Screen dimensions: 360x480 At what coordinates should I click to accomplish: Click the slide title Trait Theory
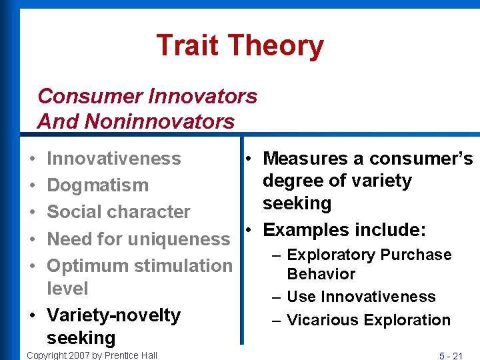click(x=240, y=46)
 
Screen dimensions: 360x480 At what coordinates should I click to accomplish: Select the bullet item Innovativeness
click(x=114, y=159)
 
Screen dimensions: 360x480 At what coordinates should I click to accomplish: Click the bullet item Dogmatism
click(x=98, y=185)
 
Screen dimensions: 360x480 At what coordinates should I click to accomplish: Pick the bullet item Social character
click(x=119, y=212)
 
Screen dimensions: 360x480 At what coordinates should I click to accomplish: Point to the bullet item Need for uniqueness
click(x=139, y=239)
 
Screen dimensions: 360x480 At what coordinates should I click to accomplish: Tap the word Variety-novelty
click(x=114, y=315)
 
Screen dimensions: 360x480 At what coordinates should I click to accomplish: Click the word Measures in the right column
click(x=304, y=159)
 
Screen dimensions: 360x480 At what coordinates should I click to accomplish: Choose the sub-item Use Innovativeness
click(x=361, y=297)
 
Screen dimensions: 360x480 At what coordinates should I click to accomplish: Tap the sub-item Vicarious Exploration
click(x=369, y=320)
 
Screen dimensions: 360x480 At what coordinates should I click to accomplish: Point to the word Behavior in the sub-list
click(x=321, y=274)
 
